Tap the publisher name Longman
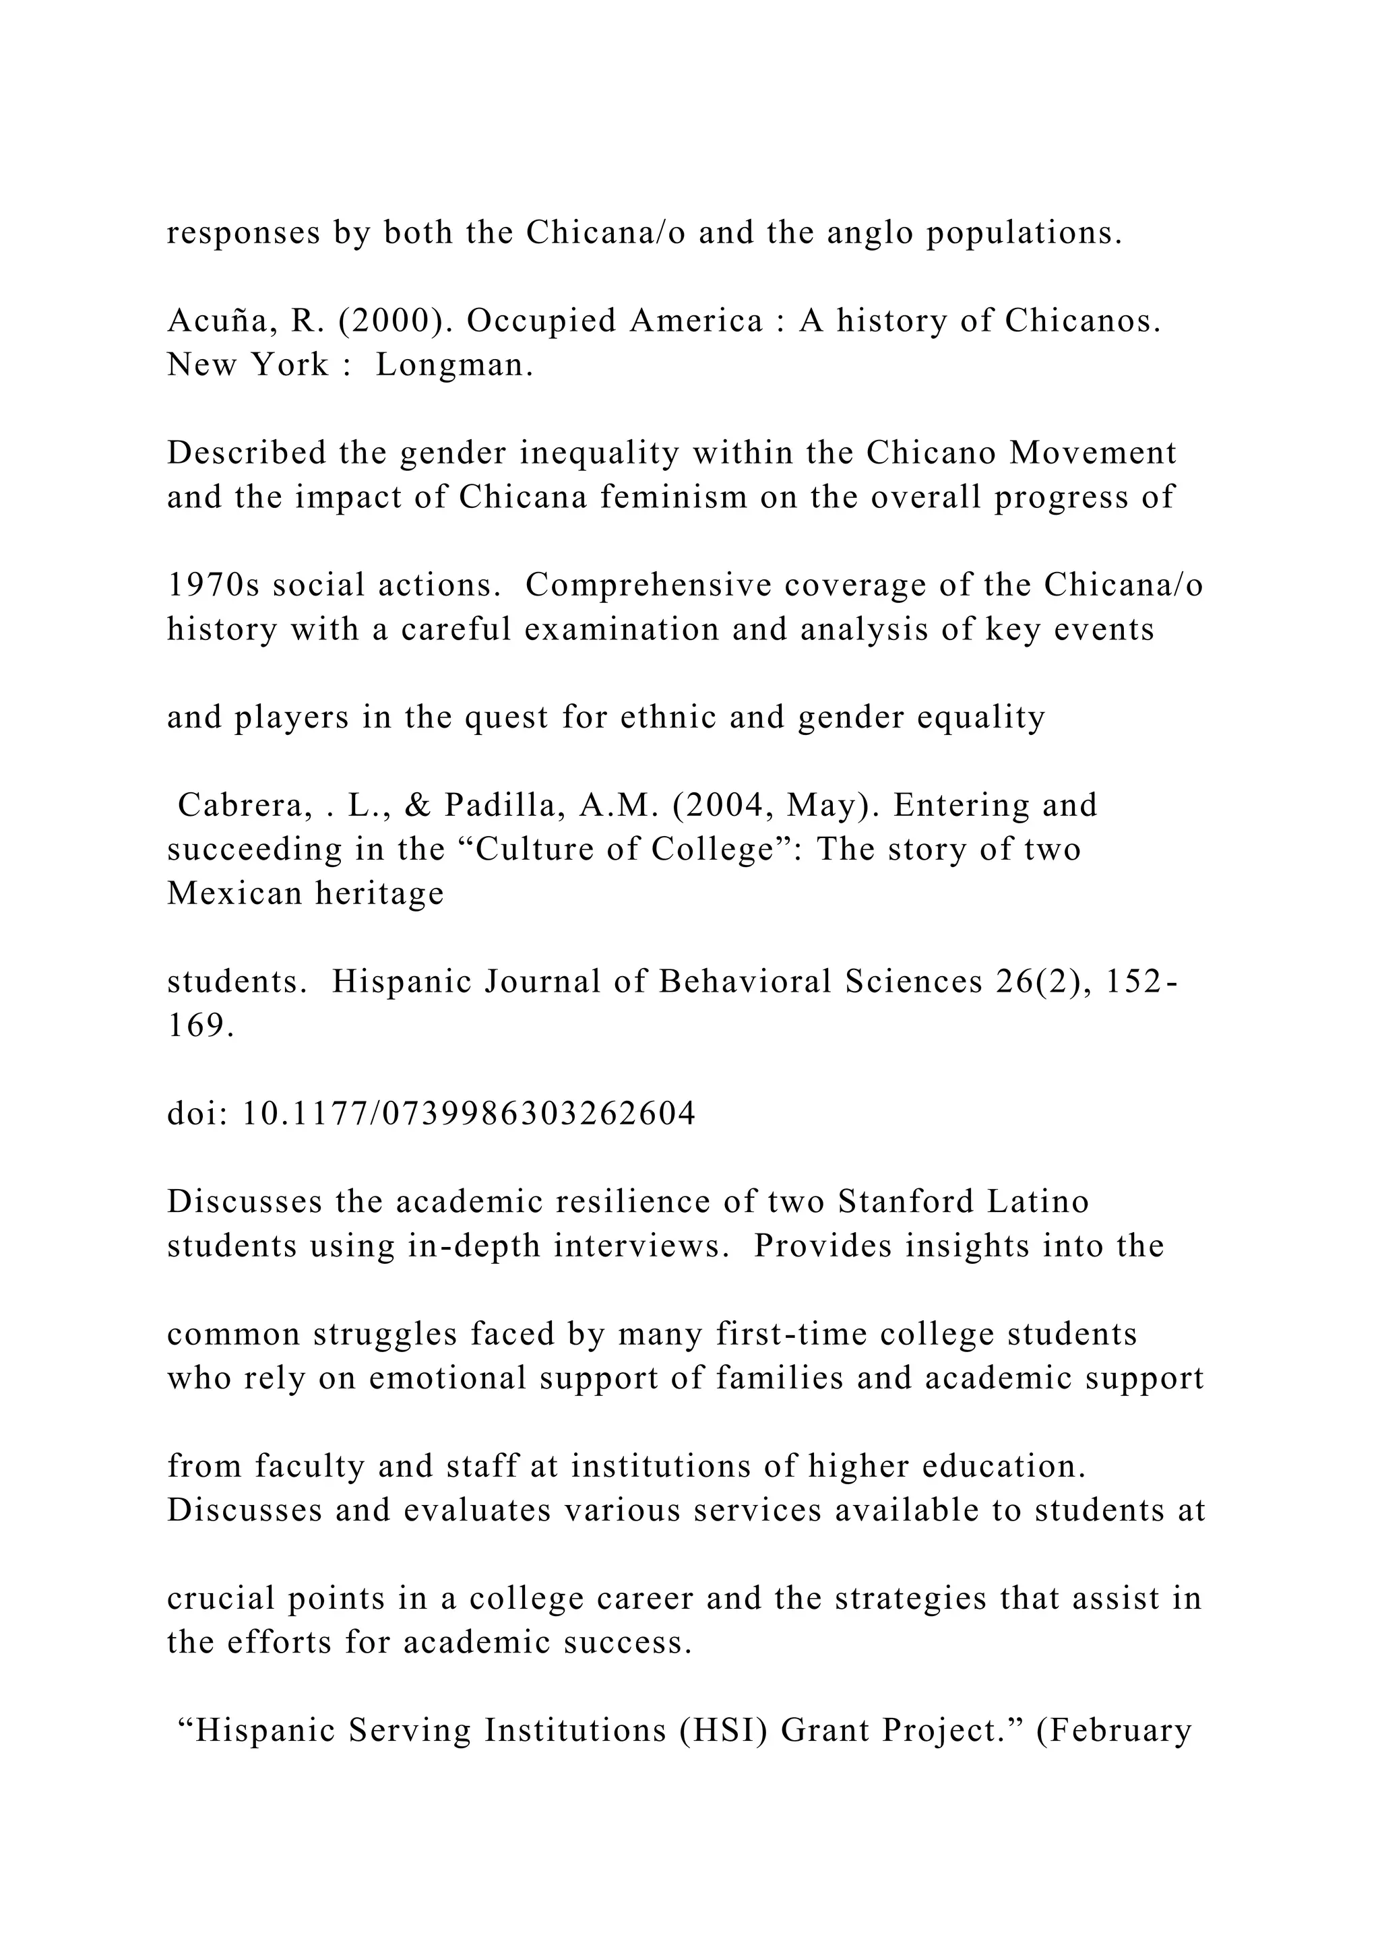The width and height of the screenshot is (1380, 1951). [x=455, y=365]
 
